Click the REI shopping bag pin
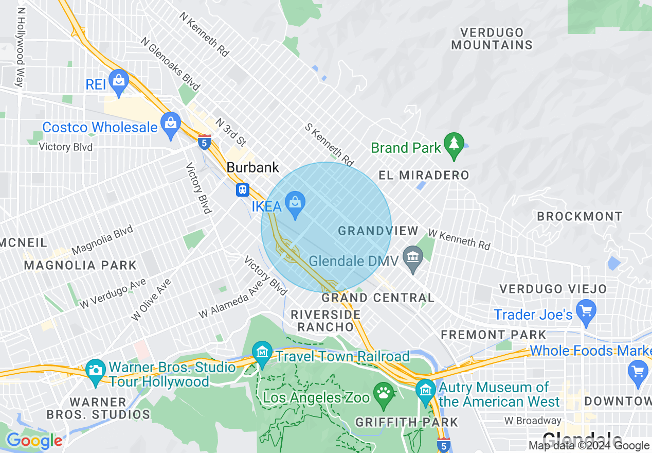point(119,81)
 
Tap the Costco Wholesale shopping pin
point(170,124)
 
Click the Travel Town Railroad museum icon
point(262,353)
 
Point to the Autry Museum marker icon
point(425,391)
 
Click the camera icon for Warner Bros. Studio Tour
point(95,371)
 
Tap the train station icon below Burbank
point(243,190)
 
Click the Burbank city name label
point(253,167)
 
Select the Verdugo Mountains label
point(492,39)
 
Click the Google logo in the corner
point(34,441)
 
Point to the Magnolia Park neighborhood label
point(80,266)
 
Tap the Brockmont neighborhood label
point(579,216)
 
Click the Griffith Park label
point(407,423)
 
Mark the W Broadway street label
point(533,421)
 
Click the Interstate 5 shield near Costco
point(205,143)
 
